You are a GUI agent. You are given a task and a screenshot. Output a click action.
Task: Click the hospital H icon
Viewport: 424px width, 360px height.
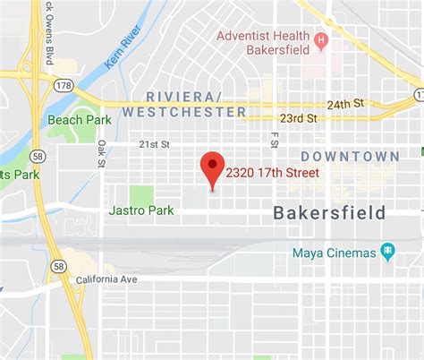point(319,41)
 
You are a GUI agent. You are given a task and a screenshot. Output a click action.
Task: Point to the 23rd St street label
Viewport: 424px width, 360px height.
point(299,118)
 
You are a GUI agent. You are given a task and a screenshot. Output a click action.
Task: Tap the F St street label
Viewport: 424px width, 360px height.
point(275,139)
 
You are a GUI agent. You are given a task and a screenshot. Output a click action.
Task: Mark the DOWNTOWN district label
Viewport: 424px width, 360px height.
point(350,157)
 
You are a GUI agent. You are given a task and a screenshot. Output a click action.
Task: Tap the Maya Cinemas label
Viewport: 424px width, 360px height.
point(334,253)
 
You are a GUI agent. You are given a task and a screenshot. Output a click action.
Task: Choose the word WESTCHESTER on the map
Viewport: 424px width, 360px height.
point(184,112)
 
